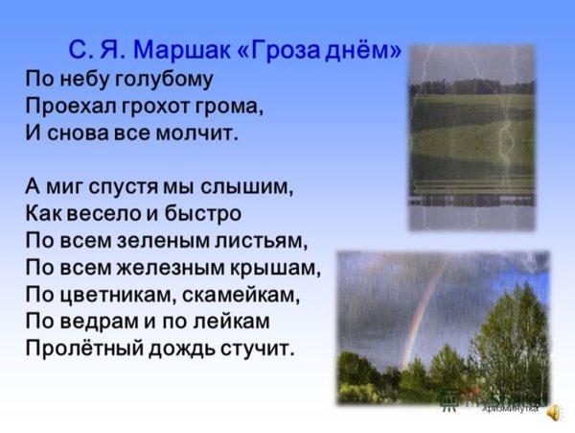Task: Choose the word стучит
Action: pyautogui.click(x=253, y=348)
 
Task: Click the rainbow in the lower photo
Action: pyautogui.click(x=423, y=307)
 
